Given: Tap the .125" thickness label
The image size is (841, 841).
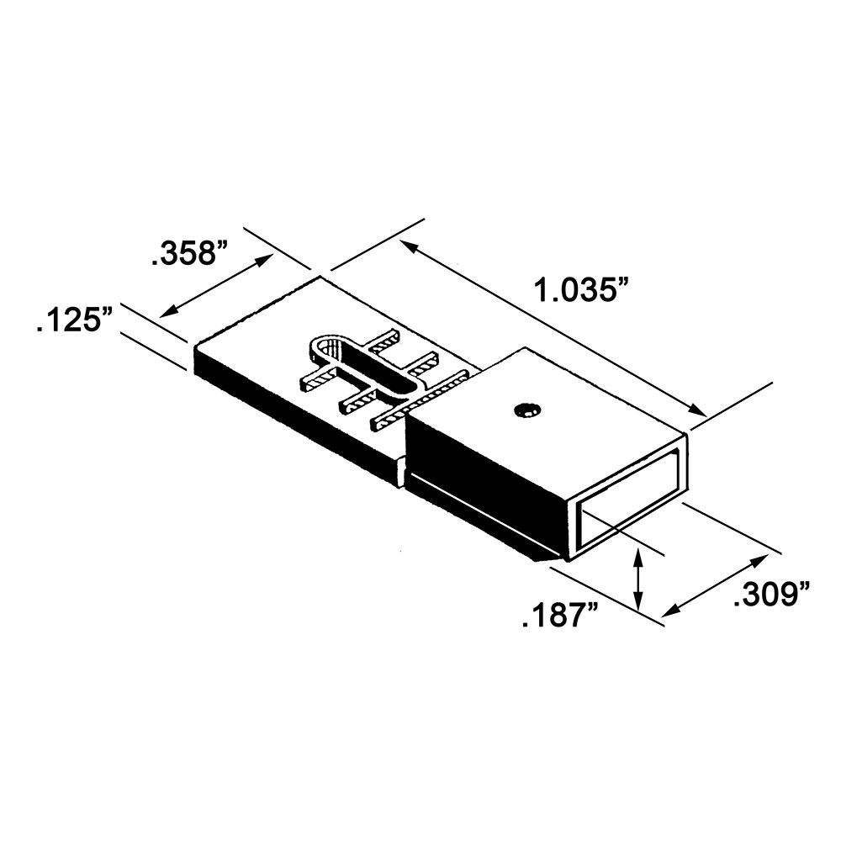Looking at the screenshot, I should (74, 322).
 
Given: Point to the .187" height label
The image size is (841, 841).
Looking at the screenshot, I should (560, 616).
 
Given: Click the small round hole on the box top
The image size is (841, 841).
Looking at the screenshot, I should (527, 410).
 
